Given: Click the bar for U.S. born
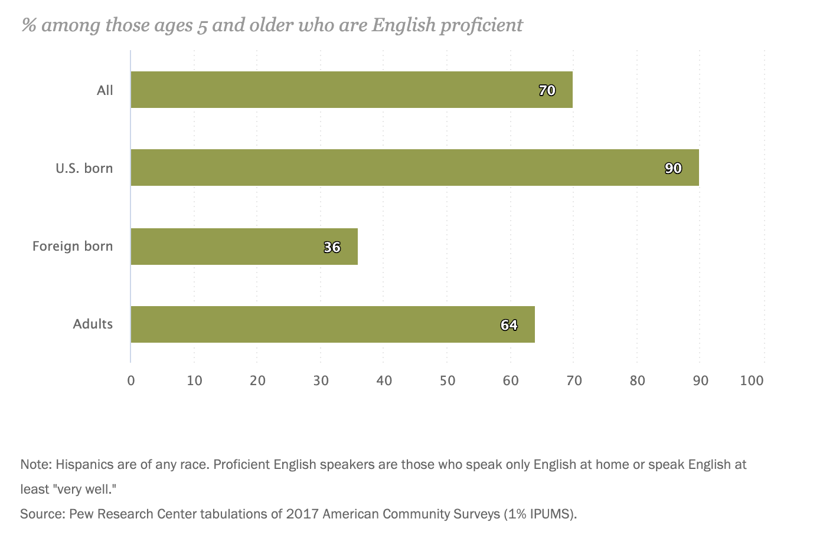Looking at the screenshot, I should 413,168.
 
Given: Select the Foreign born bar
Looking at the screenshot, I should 243,247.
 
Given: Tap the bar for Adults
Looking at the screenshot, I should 332,324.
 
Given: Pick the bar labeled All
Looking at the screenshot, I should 351,90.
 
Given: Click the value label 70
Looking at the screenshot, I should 547,90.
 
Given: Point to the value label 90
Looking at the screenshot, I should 673,168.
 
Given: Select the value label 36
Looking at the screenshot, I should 332,247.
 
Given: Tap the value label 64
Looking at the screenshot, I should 509,325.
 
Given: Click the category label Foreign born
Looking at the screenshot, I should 73,246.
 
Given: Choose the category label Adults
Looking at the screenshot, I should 93,324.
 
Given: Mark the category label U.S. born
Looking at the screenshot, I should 84,168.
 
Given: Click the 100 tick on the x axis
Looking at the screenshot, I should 752,380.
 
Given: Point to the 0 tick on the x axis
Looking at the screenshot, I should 131,380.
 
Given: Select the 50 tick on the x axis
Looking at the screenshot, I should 448,380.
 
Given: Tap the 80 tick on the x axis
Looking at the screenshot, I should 637,380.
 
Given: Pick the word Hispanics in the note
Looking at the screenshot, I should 84,464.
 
